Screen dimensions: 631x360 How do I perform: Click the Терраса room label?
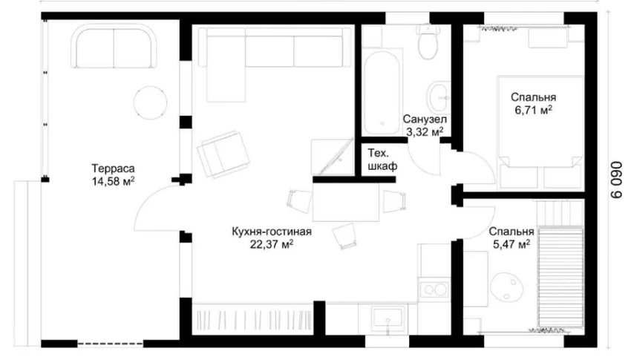113,168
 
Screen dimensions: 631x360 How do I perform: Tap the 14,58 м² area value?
113,181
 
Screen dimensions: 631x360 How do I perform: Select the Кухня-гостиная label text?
272,232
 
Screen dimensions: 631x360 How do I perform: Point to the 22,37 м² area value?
272,244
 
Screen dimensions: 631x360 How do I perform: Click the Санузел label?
425,120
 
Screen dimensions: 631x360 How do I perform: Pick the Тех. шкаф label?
382,160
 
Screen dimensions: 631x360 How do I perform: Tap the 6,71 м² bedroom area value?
533,110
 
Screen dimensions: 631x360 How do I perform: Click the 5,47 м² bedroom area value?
511,244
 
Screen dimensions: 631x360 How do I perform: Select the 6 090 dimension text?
615,180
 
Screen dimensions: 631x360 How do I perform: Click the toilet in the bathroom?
427,42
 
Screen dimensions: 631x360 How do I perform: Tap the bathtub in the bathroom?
382,92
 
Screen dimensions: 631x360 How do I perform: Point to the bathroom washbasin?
438,97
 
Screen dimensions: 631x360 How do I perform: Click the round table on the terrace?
150,102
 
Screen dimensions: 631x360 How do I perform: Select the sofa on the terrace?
114,46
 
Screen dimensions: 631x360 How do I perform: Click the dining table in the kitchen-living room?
346,202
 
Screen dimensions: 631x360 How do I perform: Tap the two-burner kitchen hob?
434,289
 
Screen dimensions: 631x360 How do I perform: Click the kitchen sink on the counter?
387,318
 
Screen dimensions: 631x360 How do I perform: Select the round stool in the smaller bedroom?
507,287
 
